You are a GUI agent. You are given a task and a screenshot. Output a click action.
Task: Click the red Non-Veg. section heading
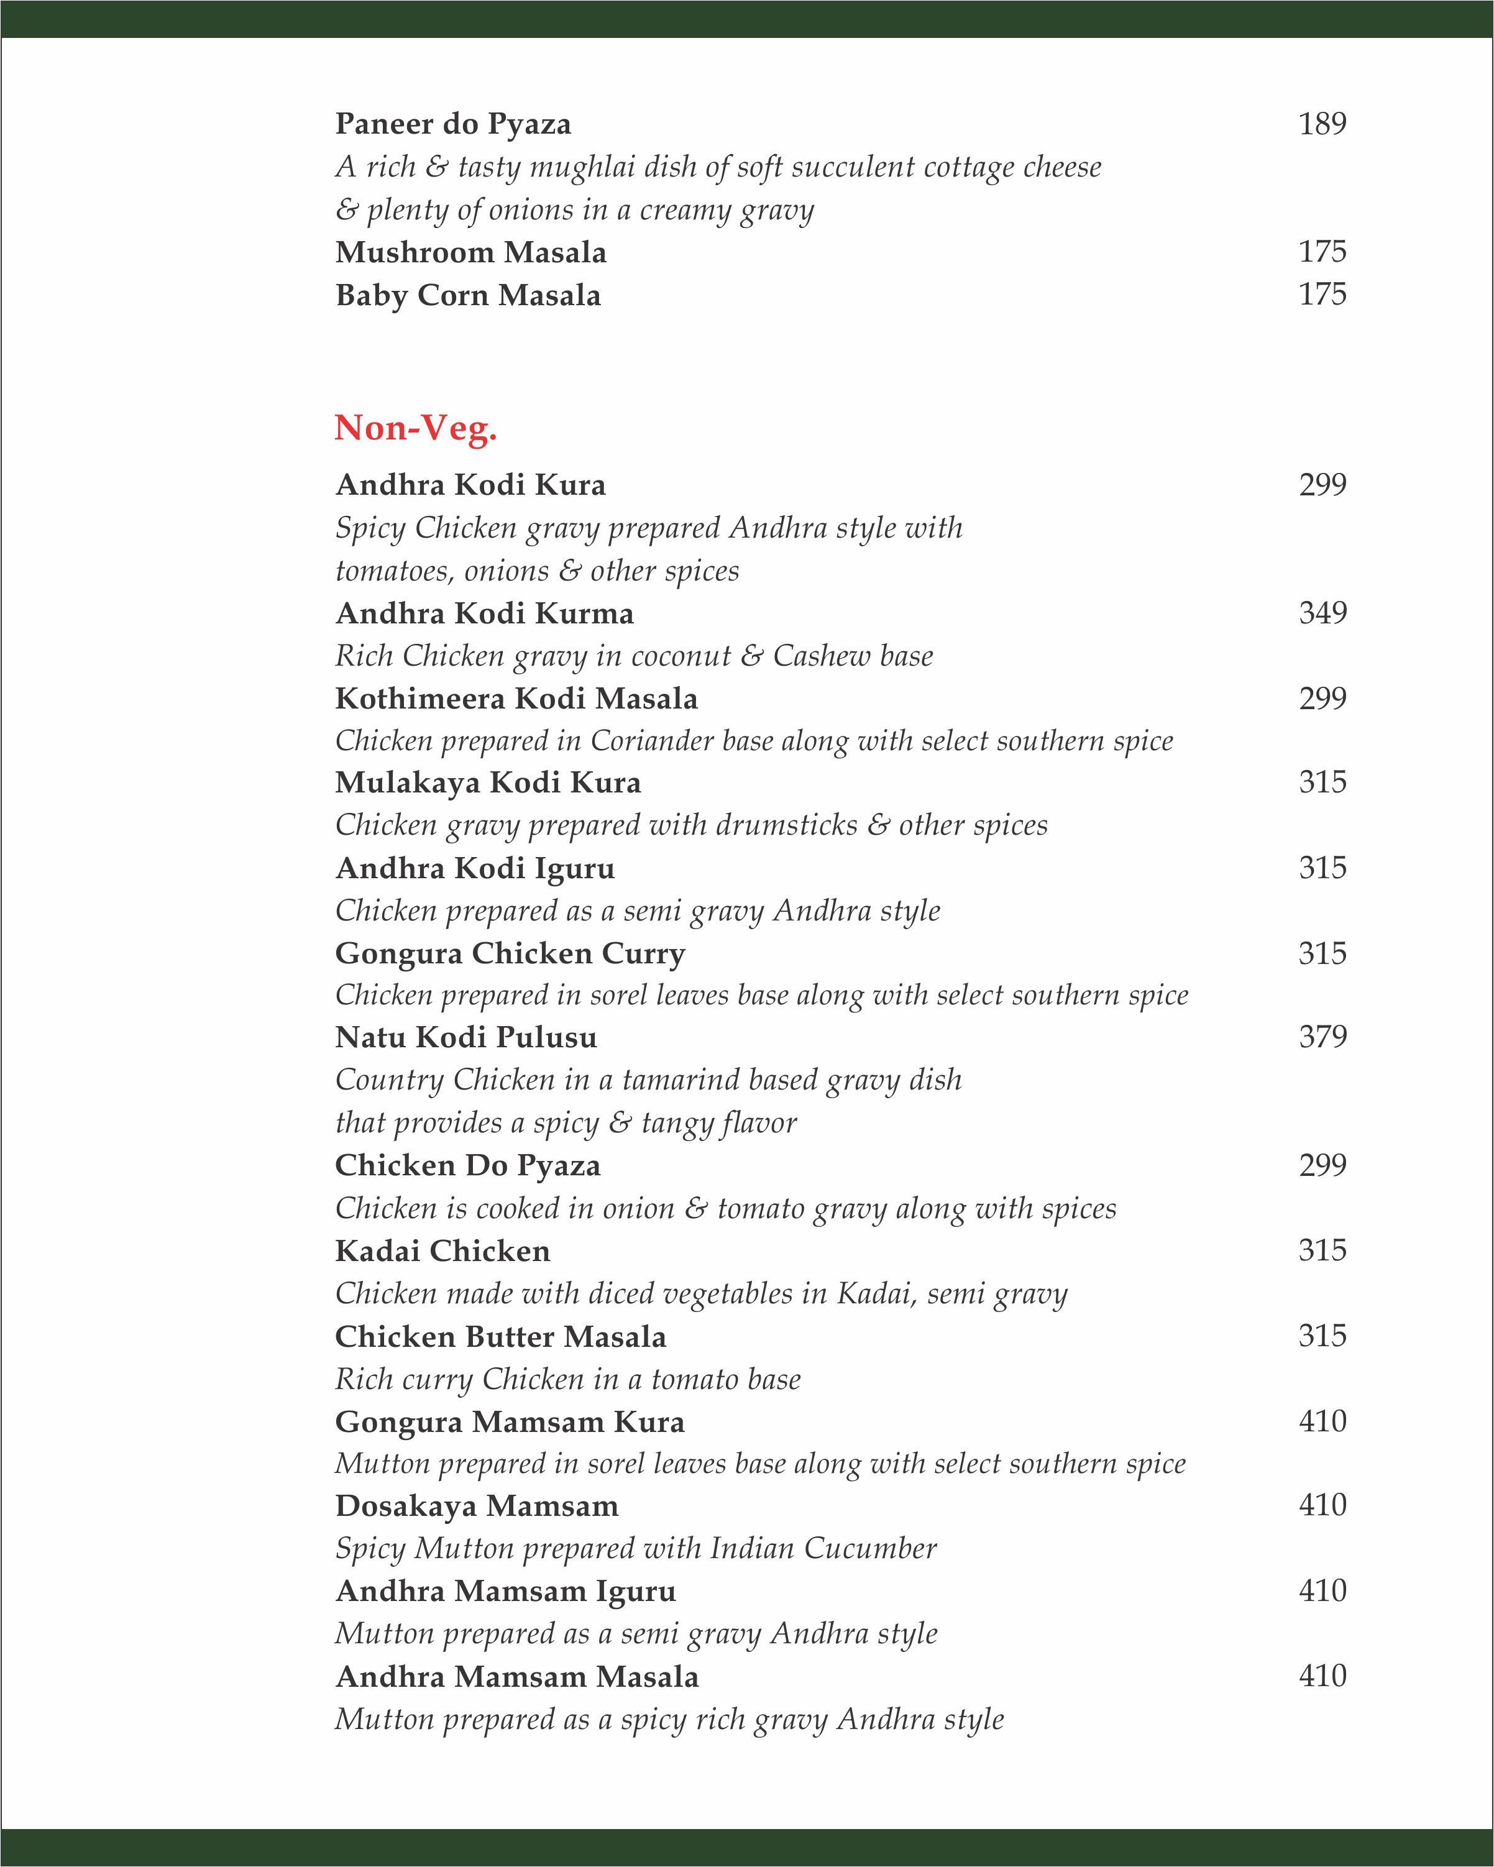[416, 428]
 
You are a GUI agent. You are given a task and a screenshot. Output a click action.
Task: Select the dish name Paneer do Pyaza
[453, 124]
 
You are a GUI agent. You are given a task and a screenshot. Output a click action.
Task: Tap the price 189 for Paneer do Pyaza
[1322, 124]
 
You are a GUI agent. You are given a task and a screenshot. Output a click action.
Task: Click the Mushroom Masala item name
[470, 253]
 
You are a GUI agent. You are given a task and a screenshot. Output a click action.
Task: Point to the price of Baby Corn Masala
[1322, 295]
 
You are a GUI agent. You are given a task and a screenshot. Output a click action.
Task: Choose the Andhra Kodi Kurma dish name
[484, 613]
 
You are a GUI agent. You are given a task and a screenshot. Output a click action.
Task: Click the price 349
[1322, 613]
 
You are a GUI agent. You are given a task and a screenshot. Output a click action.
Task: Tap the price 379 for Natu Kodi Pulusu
[1322, 1037]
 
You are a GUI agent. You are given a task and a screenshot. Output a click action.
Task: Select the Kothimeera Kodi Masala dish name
[516, 698]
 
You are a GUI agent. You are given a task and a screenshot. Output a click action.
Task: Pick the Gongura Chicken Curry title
[510, 953]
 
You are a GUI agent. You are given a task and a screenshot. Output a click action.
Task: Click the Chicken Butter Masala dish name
[501, 1336]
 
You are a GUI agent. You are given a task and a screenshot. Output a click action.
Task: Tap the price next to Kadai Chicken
[1322, 1250]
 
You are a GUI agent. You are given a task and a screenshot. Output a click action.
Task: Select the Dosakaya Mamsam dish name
[476, 1506]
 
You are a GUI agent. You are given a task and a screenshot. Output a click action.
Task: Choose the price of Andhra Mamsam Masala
[1322, 1676]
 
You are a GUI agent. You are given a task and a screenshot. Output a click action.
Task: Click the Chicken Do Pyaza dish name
[468, 1165]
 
